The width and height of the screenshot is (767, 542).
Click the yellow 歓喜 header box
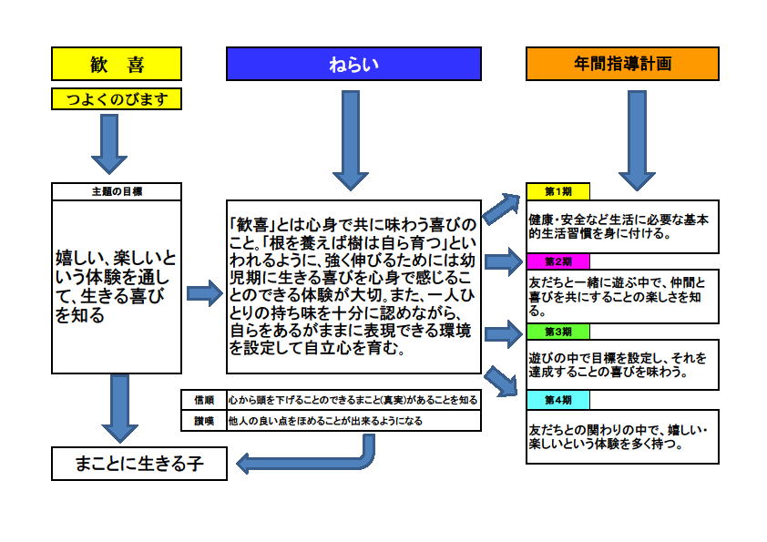[117, 64]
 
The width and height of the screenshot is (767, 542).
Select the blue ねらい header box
[353, 64]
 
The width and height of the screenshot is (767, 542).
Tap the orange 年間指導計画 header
[622, 64]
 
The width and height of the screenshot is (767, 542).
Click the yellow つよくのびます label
[117, 98]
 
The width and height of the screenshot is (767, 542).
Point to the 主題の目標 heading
[117, 191]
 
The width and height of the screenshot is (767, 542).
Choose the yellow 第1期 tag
[558, 191]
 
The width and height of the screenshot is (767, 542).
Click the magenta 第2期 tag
[558, 261]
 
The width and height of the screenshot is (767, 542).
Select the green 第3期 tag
[558, 332]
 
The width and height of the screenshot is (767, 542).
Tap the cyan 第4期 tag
[558, 400]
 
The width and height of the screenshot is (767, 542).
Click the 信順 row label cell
[204, 400]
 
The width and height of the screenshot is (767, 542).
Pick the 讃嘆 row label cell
[204, 421]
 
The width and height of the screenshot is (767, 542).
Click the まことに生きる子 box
[139, 464]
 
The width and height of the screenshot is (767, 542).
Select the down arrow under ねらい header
[351, 140]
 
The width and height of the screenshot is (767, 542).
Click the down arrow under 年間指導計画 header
[637, 140]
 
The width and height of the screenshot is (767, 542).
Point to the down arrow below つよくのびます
[109, 144]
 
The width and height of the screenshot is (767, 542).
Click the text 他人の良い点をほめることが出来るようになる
[325, 421]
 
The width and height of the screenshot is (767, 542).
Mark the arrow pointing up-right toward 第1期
[502, 208]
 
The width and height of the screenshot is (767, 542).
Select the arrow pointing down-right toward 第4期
[501, 381]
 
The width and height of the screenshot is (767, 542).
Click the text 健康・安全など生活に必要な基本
[619, 220]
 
